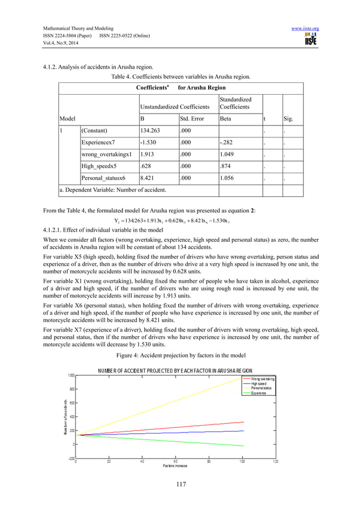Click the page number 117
(180, 484)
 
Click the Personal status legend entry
(263, 388)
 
